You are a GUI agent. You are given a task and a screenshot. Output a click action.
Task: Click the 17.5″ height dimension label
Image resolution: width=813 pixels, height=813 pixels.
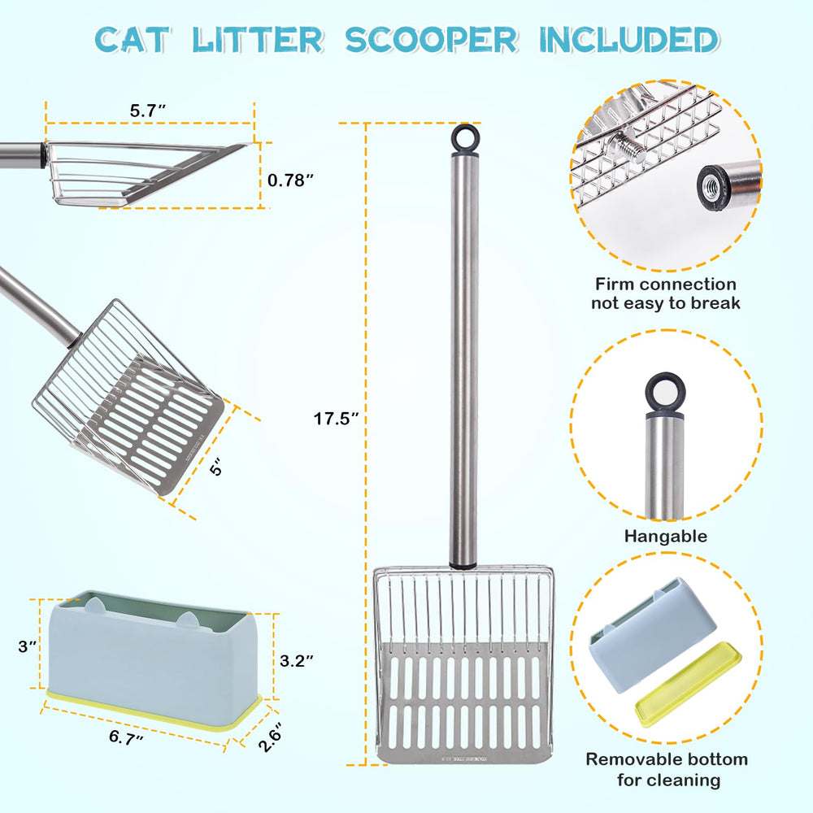337,420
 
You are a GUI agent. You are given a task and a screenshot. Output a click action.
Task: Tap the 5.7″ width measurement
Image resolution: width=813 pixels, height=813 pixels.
150,111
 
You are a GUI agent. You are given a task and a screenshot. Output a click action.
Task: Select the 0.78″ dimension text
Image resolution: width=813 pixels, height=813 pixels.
291,180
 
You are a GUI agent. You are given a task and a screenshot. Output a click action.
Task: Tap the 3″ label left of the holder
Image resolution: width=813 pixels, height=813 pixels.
27,646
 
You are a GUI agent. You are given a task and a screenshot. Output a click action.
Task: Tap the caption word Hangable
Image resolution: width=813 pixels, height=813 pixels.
665,537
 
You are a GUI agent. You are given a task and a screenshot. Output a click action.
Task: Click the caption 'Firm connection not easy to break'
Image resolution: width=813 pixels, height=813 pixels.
665,293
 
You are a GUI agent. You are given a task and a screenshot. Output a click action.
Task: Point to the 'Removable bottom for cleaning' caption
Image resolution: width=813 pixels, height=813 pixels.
666,769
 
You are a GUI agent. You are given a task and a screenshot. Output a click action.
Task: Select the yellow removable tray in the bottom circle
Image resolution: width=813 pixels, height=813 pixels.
687,683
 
